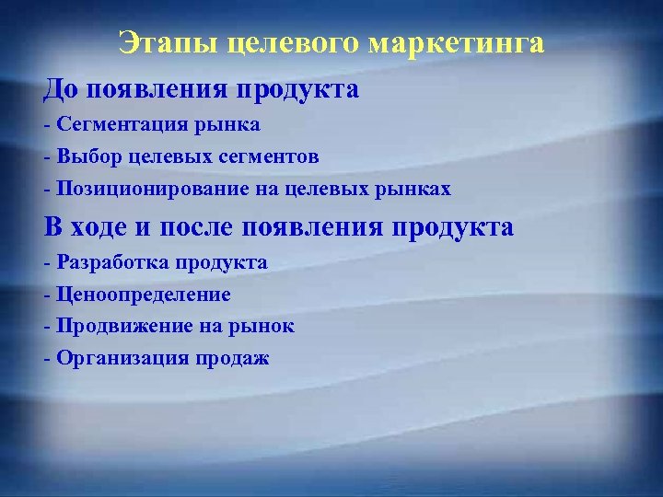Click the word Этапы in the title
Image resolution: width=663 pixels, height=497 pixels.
[170, 43]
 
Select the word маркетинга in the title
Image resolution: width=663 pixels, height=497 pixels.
[457, 43]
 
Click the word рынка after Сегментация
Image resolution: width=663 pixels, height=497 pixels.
[231, 123]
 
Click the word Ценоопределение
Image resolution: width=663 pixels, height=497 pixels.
[144, 295]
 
